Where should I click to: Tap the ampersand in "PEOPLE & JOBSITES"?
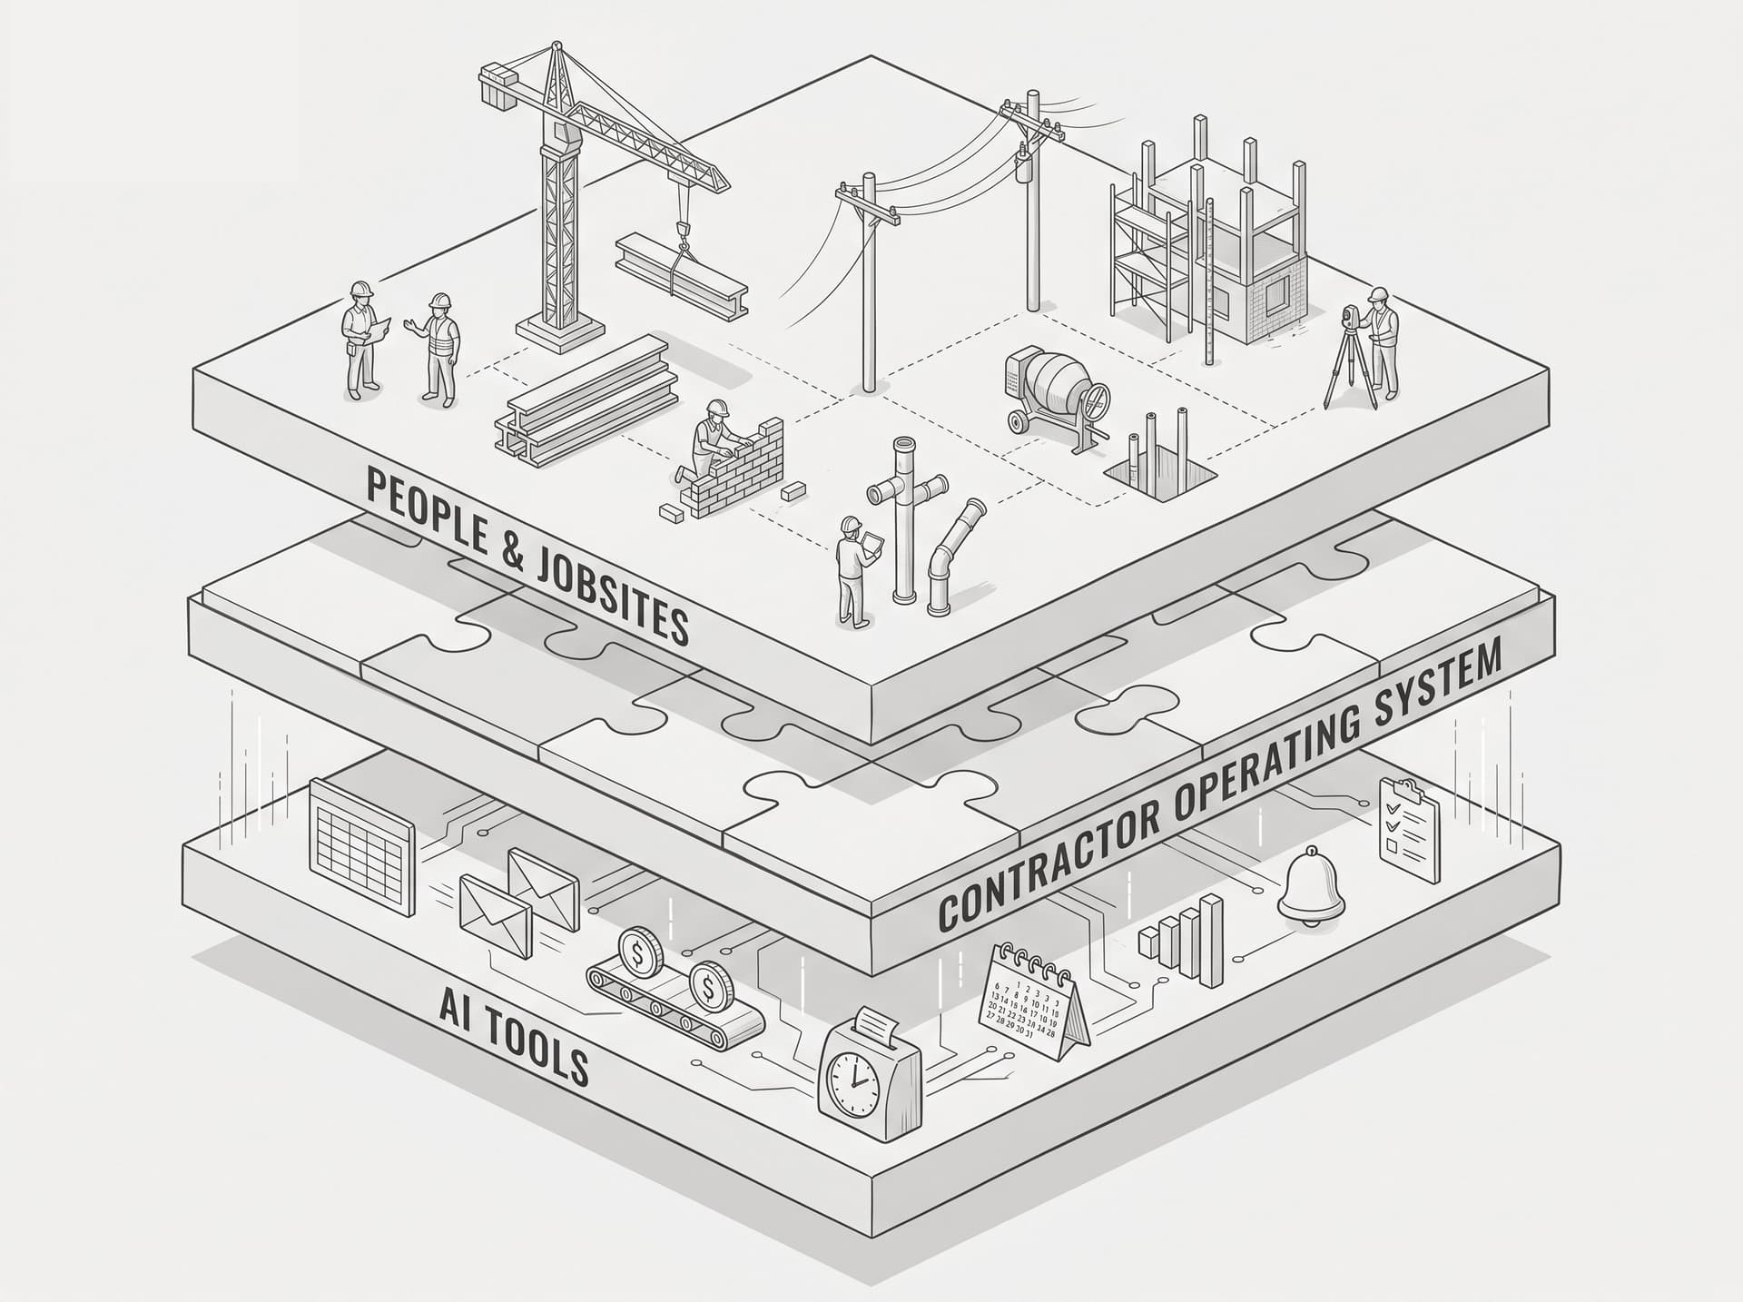pyautogui.click(x=513, y=555)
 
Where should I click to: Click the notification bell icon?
pyautogui.click(x=1313, y=886)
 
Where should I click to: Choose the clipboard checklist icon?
pyautogui.click(x=1410, y=830)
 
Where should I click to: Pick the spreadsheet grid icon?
pyautogui.click(x=361, y=826)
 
